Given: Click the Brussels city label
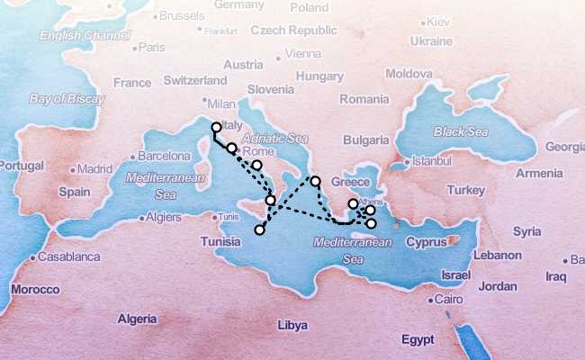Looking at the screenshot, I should coord(184,16).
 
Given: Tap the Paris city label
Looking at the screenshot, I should coord(152,48).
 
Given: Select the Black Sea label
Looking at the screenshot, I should coord(460,131).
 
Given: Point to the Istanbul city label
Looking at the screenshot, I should coord(427,162).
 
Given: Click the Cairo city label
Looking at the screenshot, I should coord(447,300).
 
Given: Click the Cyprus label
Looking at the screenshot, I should coord(426,242).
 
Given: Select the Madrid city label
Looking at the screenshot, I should coord(94,168).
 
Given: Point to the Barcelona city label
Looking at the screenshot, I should coord(163,156).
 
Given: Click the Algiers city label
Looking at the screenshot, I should coord(163,217).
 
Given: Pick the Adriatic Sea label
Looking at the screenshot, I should coord(271,139).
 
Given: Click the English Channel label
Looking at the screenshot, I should coord(78,36).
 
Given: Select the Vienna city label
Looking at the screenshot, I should coord(301,54).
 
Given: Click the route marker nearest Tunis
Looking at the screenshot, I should coord(259,230).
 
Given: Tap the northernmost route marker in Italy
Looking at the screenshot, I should coord(216,128).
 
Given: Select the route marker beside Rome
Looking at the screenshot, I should coord(232,148).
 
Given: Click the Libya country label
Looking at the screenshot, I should coord(291,324).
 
